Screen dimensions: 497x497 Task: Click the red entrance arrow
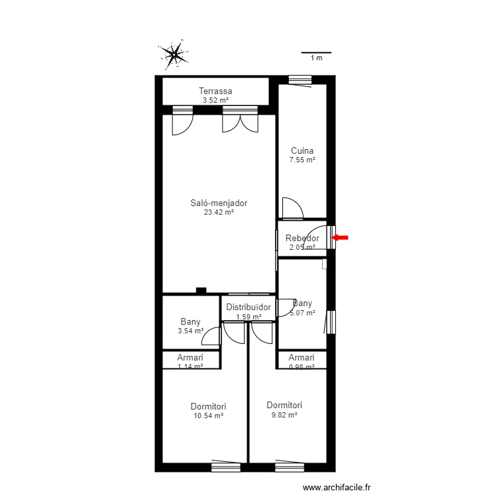pyautogui.click(x=340, y=237)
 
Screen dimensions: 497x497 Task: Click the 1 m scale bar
pyautogui.click(x=316, y=53)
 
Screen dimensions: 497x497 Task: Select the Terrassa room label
pyautogui.click(x=215, y=91)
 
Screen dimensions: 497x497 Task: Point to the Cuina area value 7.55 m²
pyautogui.click(x=302, y=160)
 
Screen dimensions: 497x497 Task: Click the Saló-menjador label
pyautogui.click(x=219, y=203)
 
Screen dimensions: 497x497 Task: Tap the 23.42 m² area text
pyautogui.click(x=219, y=213)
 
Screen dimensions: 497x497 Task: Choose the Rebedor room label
pyautogui.click(x=302, y=239)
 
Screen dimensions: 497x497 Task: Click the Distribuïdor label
pyautogui.click(x=248, y=307)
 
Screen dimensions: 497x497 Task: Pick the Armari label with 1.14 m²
pyautogui.click(x=190, y=357)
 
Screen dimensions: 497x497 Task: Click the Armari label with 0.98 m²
pyautogui.click(x=302, y=357)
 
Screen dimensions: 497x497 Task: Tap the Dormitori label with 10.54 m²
pyautogui.click(x=208, y=406)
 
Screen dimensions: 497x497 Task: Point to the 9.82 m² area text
pyautogui.click(x=284, y=415)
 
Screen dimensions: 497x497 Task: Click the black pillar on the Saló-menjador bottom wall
pyautogui.click(x=201, y=290)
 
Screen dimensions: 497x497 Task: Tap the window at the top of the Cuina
pyautogui.click(x=300, y=80)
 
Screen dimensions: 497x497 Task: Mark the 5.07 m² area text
pyautogui.click(x=302, y=313)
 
